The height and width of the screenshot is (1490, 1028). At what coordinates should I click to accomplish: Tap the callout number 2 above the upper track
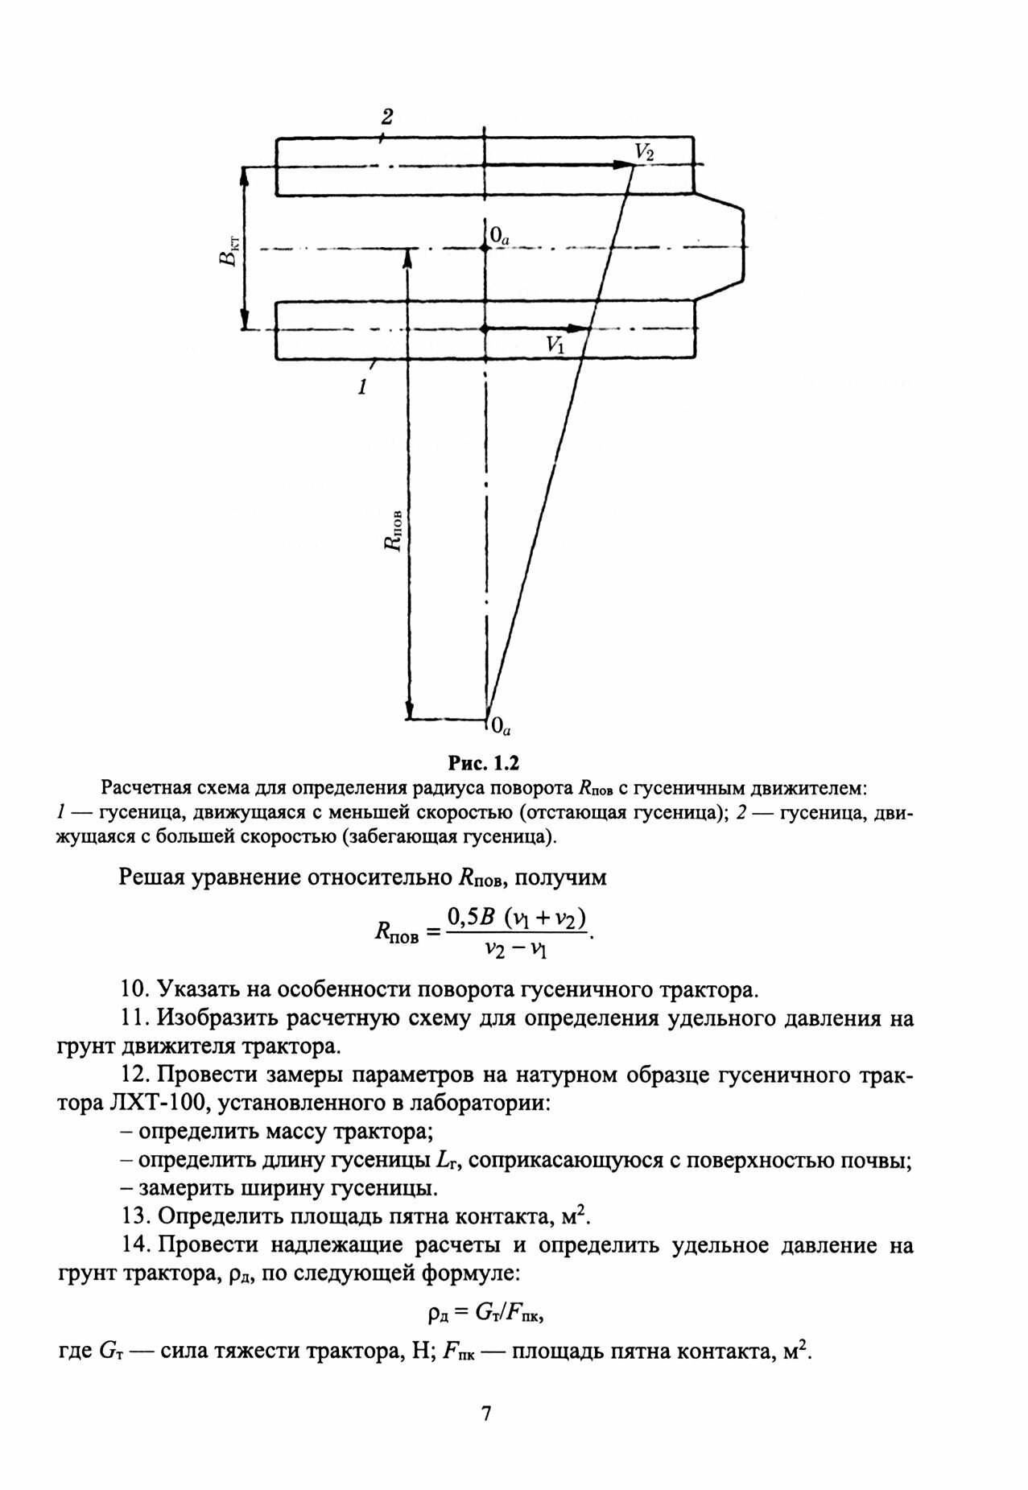[x=387, y=118]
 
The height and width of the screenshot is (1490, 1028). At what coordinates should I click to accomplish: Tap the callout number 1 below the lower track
[x=362, y=387]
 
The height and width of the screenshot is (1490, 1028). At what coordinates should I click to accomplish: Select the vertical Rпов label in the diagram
[x=393, y=529]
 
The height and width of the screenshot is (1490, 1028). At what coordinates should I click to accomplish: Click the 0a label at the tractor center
[x=499, y=235]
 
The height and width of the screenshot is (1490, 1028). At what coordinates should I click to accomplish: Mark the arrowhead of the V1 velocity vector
[x=581, y=328]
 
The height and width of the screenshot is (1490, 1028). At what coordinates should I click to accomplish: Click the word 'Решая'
[x=152, y=877]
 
